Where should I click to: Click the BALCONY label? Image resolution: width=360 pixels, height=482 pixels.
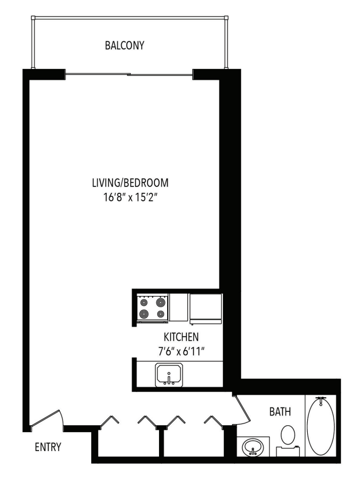pyautogui.click(x=125, y=45)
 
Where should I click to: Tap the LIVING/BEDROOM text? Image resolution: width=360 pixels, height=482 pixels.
pyautogui.click(x=131, y=184)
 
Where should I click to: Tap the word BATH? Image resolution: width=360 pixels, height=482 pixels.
pyautogui.click(x=280, y=411)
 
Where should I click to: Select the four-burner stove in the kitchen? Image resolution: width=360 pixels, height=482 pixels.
pyautogui.click(x=152, y=308)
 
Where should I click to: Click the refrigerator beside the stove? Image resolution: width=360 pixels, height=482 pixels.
pyautogui.click(x=206, y=308)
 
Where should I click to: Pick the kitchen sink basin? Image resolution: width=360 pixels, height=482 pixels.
pyautogui.click(x=169, y=375)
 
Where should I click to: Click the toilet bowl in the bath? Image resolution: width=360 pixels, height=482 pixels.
pyautogui.click(x=288, y=434)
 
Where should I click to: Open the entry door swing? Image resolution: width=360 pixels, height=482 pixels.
pyautogui.click(x=47, y=418)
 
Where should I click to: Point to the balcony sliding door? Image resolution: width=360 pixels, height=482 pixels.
pyautogui.click(x=129, y=74)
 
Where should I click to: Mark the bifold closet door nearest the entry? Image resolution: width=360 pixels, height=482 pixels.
pyautogui.click(x=109, y=421)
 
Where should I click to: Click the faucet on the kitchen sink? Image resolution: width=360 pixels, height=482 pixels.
pyautogui.click(x=169, y=381)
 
